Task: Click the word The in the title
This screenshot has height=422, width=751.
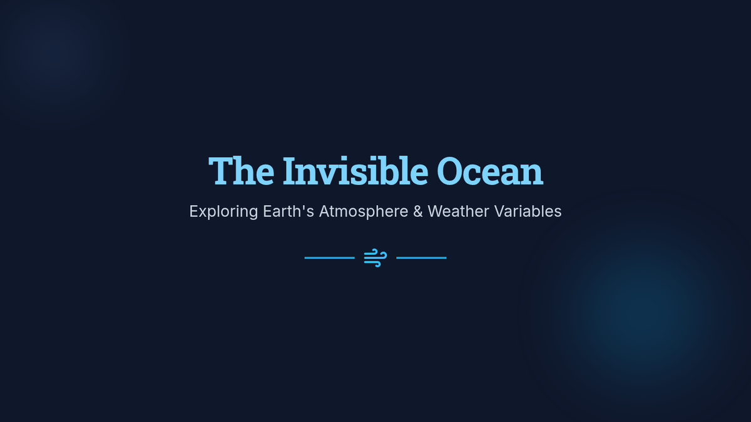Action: [241, 171]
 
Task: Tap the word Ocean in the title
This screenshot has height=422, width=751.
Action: [490, 171]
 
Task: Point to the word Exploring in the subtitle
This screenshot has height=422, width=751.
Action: [223, 212]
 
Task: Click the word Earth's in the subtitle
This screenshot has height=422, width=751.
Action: [289, 211]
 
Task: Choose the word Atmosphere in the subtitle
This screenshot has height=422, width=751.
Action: [364, 212]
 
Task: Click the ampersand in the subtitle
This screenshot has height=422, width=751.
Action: [418, 211]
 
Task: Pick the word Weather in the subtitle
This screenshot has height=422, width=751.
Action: [458, 211]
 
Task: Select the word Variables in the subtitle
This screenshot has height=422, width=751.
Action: [528, 211]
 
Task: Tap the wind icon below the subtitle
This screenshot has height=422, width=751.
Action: [375, 258]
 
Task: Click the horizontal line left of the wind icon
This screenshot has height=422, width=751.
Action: [330, 258]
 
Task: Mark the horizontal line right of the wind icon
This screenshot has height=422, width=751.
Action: [421, 258]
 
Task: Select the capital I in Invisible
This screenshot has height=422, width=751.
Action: [291, 171]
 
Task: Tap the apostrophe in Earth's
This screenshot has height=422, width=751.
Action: [303, 207]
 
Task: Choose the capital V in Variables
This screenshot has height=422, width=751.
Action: [501, 211]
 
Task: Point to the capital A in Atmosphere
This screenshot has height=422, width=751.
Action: [325, 211]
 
